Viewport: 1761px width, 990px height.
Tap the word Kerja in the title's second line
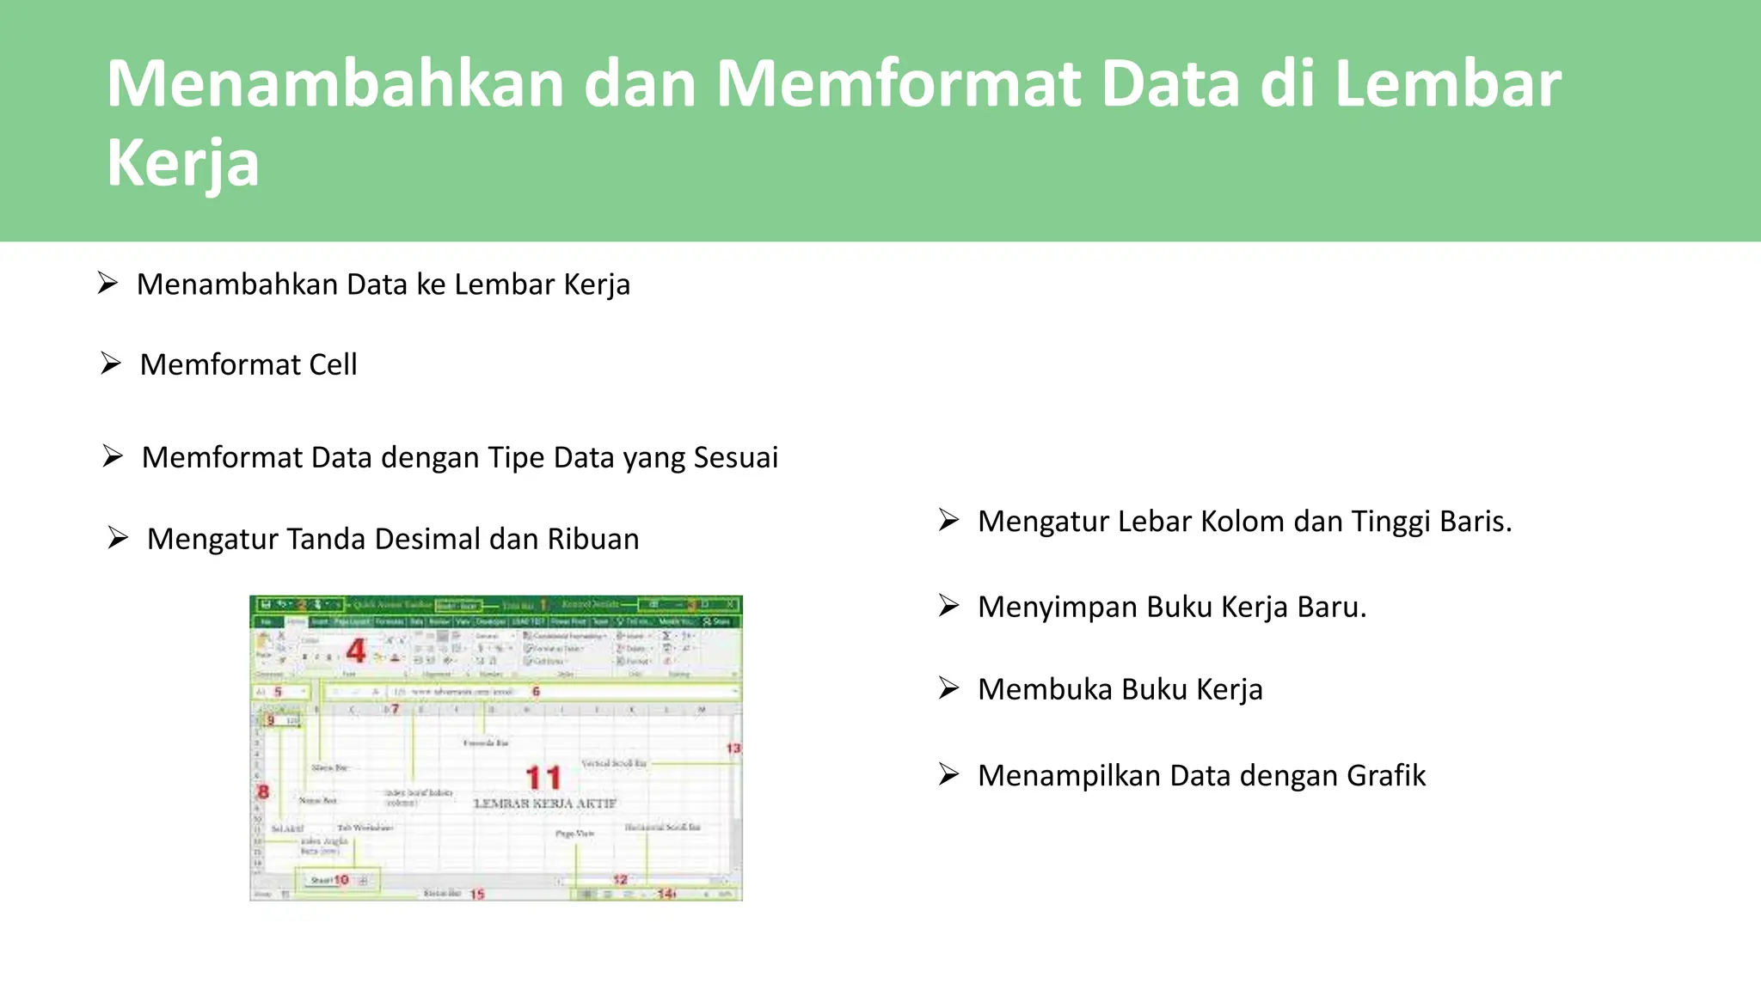182,163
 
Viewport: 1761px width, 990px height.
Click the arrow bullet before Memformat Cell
111,364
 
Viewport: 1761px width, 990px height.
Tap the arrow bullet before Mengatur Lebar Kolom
948,520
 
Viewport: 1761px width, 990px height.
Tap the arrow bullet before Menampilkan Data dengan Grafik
948,774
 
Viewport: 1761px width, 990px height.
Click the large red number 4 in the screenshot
356,651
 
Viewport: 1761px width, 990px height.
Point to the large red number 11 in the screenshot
543,778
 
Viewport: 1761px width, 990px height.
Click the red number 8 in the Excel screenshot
263,791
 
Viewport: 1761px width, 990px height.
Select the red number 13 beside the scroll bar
733,749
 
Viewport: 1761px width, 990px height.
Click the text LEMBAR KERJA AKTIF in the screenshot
545,804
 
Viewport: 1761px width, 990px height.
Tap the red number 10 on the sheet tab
341,880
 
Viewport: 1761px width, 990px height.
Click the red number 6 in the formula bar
536,691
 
